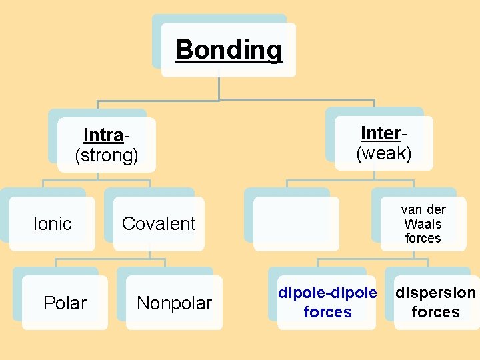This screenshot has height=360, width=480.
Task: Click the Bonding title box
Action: pyautogui.click(x=229, y=50)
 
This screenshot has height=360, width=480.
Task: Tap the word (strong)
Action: pyautogui.click(x=107, y=156)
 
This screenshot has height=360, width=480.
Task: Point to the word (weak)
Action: pyautogui.click(x=384, y=154)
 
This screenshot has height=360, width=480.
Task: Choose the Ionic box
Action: pyautogui.click(x=52, y=224)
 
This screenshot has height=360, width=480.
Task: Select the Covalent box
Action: pyautogui.click(x=159, y=224)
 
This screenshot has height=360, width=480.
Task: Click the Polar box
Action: pyautogui.click(x=65, y=303)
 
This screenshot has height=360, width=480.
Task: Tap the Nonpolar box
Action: pyautogui.click(x=174, y=303)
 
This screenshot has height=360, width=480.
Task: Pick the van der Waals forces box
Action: pyautogui.click(x=423, y=224)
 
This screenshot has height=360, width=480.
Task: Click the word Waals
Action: pyautogui.click(x=423, y=224)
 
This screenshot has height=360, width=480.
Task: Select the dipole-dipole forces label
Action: pyautogui.click(x=327, y=302)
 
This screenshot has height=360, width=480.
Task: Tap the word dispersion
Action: pyautogui.click(x=436, y=293)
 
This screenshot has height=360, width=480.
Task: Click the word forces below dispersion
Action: pyautogui.click(x=436, y=312)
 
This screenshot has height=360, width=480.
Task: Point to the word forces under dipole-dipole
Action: pyautogui.click(x=327, y=312)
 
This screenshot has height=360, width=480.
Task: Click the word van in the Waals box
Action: pyautogui.click(x=411, y=209)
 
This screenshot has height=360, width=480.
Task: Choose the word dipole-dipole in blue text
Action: pyautogui.click(x=327, y=293)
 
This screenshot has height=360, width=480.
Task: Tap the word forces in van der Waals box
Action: pyautogui.click(x=423, y=238)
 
